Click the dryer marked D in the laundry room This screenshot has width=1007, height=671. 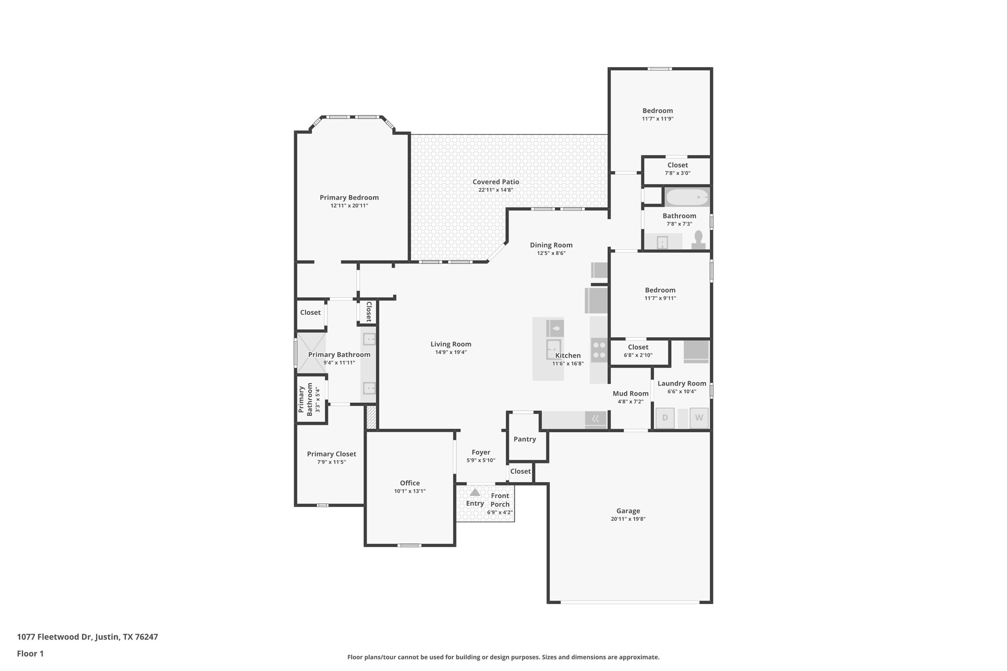(x=665, y=418)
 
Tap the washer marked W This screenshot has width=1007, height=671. (x=699, y=418)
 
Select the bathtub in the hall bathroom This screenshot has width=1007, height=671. (x=687, y=197)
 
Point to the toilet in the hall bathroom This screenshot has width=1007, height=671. (x=699, y=241)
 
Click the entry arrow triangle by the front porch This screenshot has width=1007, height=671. (x=475, y=492)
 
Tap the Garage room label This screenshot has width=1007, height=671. (x=628, y=511)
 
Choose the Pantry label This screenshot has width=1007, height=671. (x=525, y=439)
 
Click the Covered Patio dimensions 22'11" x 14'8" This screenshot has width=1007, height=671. (x=496, y=190)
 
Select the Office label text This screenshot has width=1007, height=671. (x=410, y=483)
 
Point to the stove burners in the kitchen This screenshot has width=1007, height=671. (x=599, y=350)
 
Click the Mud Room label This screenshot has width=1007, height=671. (x=631, y=393)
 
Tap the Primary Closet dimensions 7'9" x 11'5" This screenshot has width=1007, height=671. (x=331, y=462)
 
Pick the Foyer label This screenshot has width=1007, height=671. (x=481, y=452)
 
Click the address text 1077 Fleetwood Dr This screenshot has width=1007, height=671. (x=54, y=637)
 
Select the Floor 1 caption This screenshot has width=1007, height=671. (x=30, y=654)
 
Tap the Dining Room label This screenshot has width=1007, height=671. (x=551, y=245)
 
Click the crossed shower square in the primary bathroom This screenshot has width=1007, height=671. (x=311, y=353)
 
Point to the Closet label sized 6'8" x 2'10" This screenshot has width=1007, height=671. (x=638, y=347)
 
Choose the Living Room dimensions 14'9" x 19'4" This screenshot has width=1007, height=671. (x=451, y=352)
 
